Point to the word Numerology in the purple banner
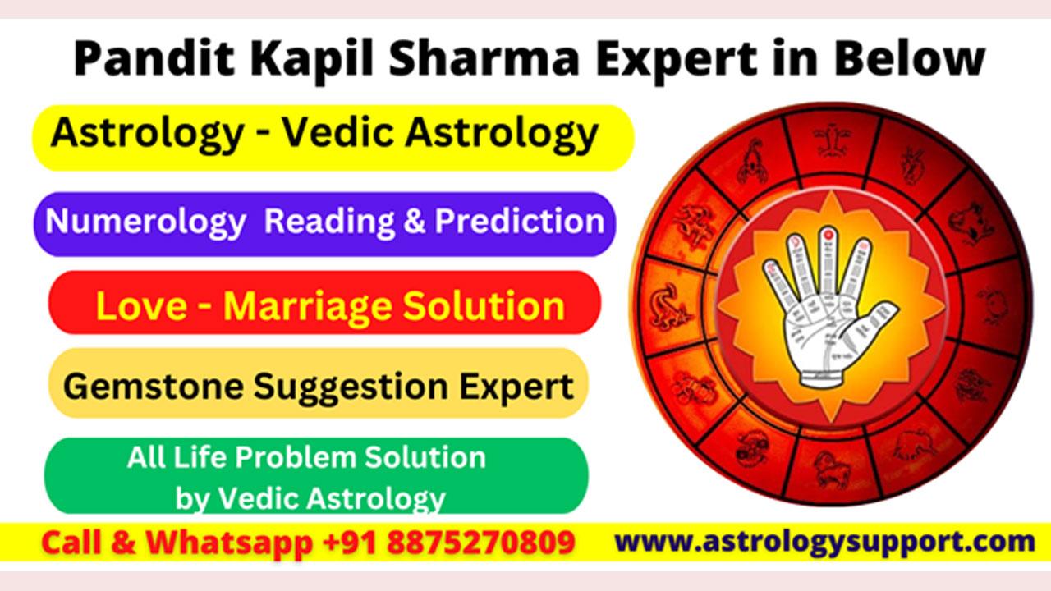tap(145, 222)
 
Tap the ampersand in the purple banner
tap(415, 221)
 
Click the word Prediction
tap(520, 221)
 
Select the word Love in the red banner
tap(141, 306)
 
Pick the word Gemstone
tap(154, 387)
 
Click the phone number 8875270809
tap(481, 543)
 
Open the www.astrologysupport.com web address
tap(824, 542)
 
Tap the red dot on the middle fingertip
tap(828, 233)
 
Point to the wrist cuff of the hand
tap(825, 378)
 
